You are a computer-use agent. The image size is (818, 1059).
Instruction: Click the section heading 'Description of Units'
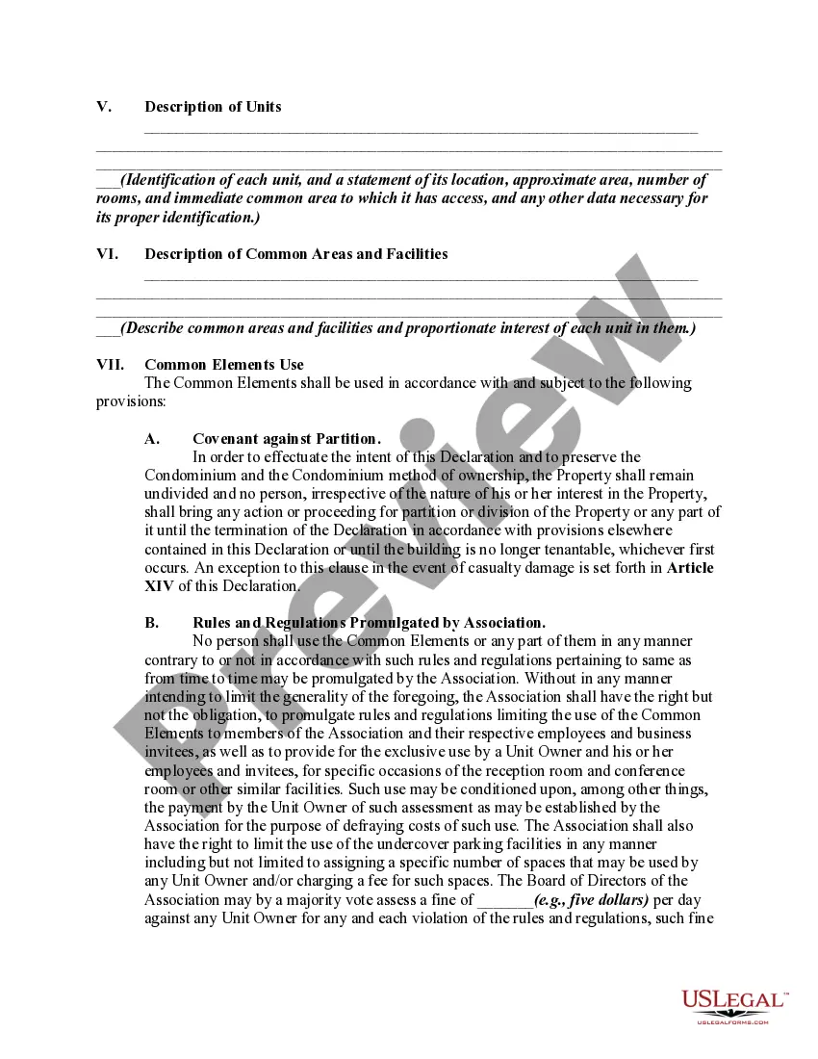coord(213,107)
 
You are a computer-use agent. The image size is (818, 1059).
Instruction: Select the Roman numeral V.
coord(103,107)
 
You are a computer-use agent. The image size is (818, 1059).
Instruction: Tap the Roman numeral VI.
coord(107,254)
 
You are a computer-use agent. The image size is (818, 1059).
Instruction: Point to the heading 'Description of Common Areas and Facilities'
coord(295,254)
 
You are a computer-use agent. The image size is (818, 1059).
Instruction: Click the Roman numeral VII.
coord(111,365)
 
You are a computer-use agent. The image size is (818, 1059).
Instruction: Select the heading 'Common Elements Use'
coord(223,365)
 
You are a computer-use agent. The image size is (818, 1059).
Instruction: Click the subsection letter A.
coord(151,439)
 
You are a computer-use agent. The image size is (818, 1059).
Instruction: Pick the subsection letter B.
coord(151,623)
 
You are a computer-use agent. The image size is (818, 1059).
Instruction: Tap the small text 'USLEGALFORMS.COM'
coord(732,1021)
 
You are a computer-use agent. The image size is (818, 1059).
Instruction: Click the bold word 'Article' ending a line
coord(690,568)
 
